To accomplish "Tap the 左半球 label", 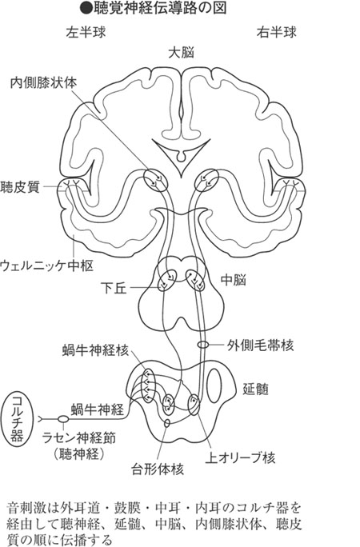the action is coord(86,33).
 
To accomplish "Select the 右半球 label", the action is coord(277,33).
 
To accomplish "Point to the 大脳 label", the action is coord(181,53).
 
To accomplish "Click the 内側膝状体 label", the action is coord(44,83).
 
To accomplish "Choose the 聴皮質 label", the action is coord(20,187).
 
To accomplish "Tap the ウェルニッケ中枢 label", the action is coord(47,266).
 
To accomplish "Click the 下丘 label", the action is coord(114,288).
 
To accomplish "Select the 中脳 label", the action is coord(234,280).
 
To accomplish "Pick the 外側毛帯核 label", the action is coord(260,345).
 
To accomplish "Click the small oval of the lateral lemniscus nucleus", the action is coord(204,345).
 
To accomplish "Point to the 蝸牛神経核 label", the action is coord(95,350).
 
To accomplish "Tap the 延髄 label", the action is coord(256,389).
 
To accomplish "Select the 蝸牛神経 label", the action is coord(98,409).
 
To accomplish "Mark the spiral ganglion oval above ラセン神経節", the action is coord(62,418).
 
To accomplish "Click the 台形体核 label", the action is coord(158,469).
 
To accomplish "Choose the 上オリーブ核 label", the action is coord(240,457).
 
